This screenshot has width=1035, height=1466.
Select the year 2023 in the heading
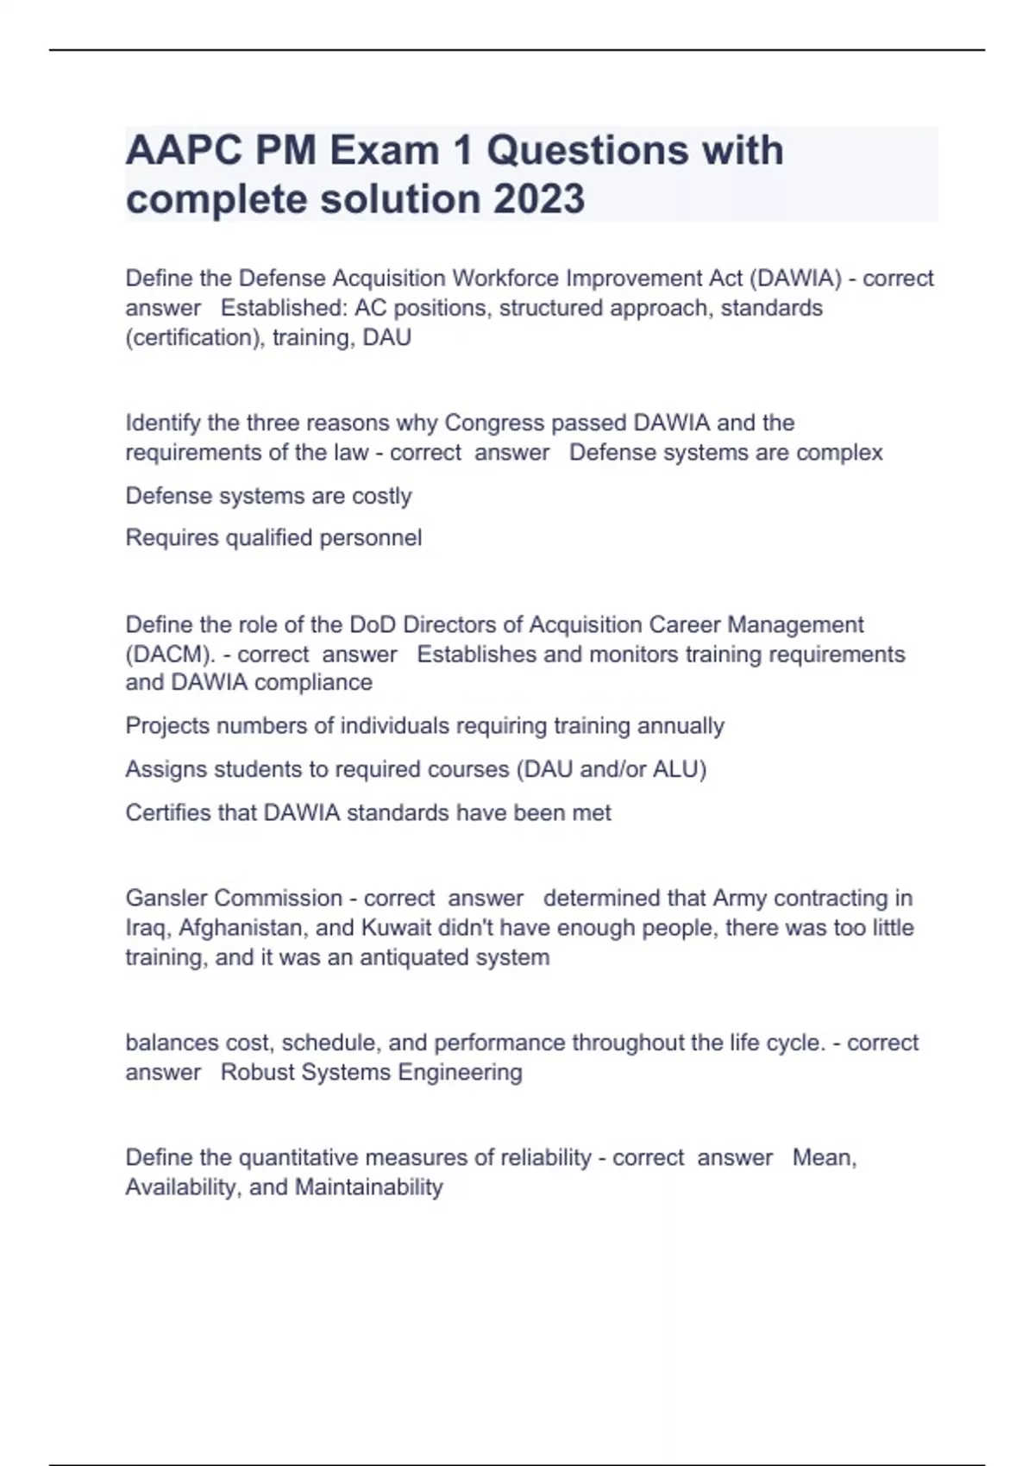click(539, 199)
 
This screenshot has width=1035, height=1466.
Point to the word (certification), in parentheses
click(195, 337)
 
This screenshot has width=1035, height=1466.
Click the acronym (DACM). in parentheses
click(171, 654)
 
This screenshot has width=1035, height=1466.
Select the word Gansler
click(167, 898)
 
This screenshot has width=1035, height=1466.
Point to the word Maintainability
click(368, 1187)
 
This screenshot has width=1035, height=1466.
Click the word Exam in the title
click(384, 151)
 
